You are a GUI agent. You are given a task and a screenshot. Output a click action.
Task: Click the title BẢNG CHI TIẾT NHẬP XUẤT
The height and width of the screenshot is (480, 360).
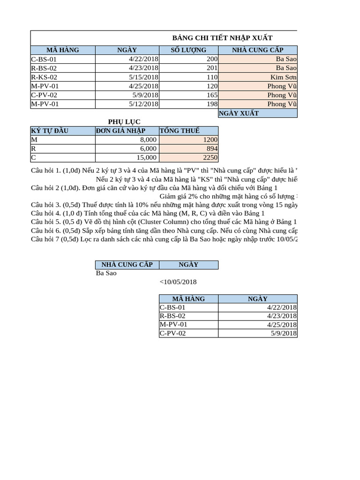(223, 38)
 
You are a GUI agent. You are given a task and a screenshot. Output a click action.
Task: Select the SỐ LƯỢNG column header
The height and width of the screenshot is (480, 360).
(189, 50)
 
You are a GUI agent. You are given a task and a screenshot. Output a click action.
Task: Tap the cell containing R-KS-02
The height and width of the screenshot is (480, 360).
(44, 77)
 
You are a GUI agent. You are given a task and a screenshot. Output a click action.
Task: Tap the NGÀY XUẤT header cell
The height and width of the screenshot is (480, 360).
(239, 113)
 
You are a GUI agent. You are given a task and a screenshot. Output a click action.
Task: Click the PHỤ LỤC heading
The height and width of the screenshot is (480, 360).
(124, 122)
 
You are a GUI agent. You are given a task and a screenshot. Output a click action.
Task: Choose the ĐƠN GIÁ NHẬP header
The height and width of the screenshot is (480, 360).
(120, 131)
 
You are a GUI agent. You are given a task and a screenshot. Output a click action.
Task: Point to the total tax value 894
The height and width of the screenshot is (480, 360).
(211, 149)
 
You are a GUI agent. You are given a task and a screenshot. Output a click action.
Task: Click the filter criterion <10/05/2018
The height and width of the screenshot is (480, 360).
(178, 282)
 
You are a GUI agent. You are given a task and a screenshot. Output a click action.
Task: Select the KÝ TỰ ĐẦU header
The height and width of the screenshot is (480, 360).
(50, 131)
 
